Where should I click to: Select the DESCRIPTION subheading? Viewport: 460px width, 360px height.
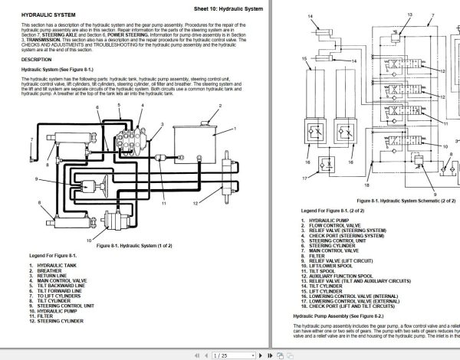tap(37, 59)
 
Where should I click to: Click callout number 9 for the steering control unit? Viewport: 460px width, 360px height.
tap(36, 179)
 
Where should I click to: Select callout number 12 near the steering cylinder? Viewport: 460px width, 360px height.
tap(195, 201)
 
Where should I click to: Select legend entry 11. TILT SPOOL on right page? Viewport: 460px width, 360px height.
tap(318, 271)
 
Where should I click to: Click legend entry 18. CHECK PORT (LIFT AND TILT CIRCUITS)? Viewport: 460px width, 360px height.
tap(350, 306)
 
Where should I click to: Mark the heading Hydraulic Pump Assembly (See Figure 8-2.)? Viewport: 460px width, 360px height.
tap(335, 316)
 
